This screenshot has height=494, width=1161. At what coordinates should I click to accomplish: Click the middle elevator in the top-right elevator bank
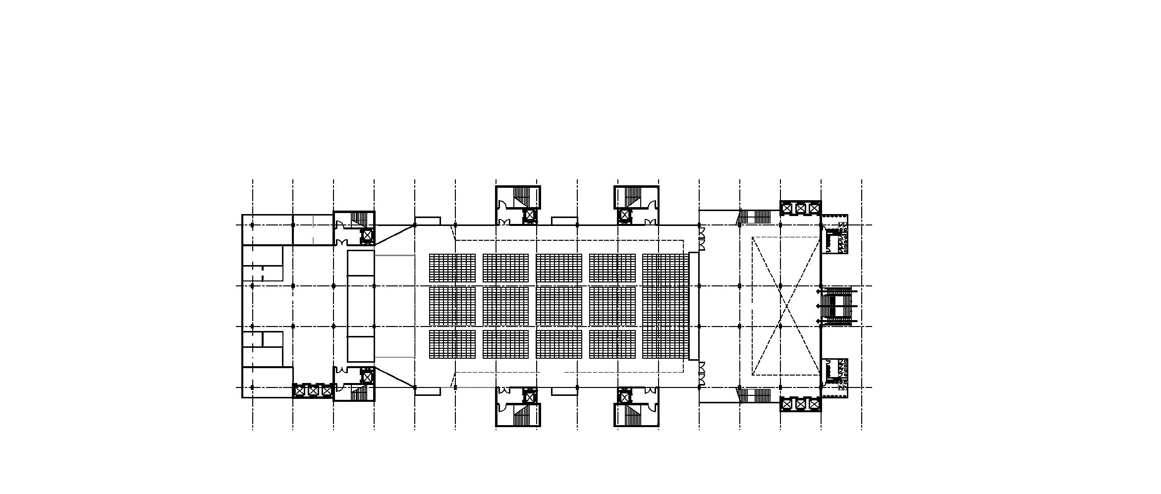[x=800, y=209]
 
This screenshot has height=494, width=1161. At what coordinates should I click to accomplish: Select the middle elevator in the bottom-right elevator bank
[x=800, y=404]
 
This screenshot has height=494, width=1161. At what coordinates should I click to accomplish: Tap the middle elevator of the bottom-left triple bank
[x=313, y=390]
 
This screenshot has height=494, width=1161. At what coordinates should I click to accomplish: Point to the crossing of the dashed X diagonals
[x=786, y=306]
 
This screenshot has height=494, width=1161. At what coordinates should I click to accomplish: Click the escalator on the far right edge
[x=837, y=306]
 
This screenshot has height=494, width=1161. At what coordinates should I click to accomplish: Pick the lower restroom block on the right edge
[x=835, y=378]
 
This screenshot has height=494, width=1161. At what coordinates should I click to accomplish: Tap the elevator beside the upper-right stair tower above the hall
[x=624, y=216]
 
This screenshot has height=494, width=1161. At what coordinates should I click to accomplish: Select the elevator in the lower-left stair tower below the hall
[x=530, y=397]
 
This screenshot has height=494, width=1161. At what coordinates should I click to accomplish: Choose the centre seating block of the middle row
[x=559, y=306]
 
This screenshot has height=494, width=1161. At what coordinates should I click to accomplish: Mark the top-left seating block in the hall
[x=452, y=268]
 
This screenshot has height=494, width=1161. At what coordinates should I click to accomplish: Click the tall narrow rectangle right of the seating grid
[x=694, y=306]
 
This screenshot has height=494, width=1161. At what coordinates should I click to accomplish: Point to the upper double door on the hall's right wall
[x=702, y=243]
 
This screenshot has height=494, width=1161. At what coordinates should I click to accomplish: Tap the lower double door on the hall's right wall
[x=702, y=375]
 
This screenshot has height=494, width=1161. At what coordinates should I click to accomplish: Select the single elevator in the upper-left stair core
[x=367, y=235]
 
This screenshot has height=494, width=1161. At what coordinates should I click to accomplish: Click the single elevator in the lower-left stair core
[x=367, y=377]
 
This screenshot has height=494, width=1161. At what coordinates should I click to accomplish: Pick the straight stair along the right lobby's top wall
[x=756, y=217]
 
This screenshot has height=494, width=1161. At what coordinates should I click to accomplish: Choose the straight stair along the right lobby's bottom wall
[x=756, y=396]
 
